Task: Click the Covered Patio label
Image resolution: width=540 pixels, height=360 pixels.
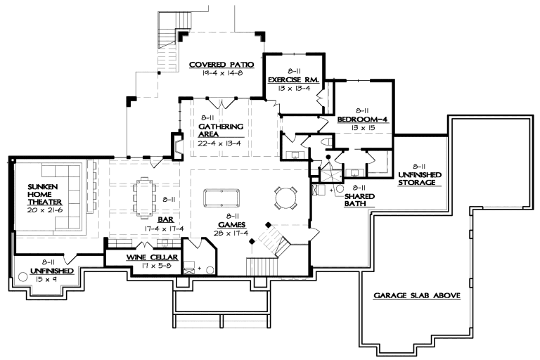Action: pos(221,65)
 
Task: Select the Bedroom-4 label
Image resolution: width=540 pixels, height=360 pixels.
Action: pos(362,119)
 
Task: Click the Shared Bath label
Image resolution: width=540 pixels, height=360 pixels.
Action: pos(359,196)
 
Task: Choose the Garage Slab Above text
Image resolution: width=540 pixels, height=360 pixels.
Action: pos(417,296)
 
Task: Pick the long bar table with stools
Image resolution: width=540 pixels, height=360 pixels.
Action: pos(145,195)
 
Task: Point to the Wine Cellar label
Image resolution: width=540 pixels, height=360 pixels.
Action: pos(145,257)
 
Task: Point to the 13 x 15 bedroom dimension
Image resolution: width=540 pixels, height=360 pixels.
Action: pos(362,127)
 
